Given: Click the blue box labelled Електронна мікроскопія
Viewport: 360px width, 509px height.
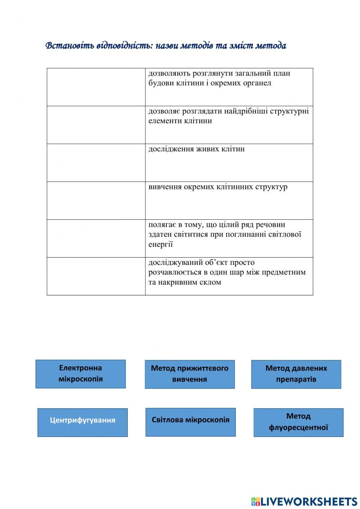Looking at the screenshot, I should point(81,374).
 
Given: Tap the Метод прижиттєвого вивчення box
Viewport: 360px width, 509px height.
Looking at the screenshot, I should point(190,374).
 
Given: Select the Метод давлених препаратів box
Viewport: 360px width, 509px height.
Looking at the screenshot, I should point(296,374).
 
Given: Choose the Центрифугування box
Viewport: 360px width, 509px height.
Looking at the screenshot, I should point(82,422).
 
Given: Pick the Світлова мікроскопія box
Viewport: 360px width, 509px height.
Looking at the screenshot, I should point(190,422).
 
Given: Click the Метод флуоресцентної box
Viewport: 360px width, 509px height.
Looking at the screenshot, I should point(298,422).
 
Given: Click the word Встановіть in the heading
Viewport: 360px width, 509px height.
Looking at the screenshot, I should point(70,46).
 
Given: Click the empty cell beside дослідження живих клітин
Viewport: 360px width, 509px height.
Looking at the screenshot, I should point(96,162).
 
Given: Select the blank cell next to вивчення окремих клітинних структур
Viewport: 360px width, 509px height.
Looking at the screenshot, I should point(96,200).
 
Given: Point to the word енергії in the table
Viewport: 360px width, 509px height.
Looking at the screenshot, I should point(161,244).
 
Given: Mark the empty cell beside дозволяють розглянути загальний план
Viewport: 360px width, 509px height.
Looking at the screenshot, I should point(96,87).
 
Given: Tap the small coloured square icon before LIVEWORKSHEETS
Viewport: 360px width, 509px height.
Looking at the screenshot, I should point(255,501).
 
